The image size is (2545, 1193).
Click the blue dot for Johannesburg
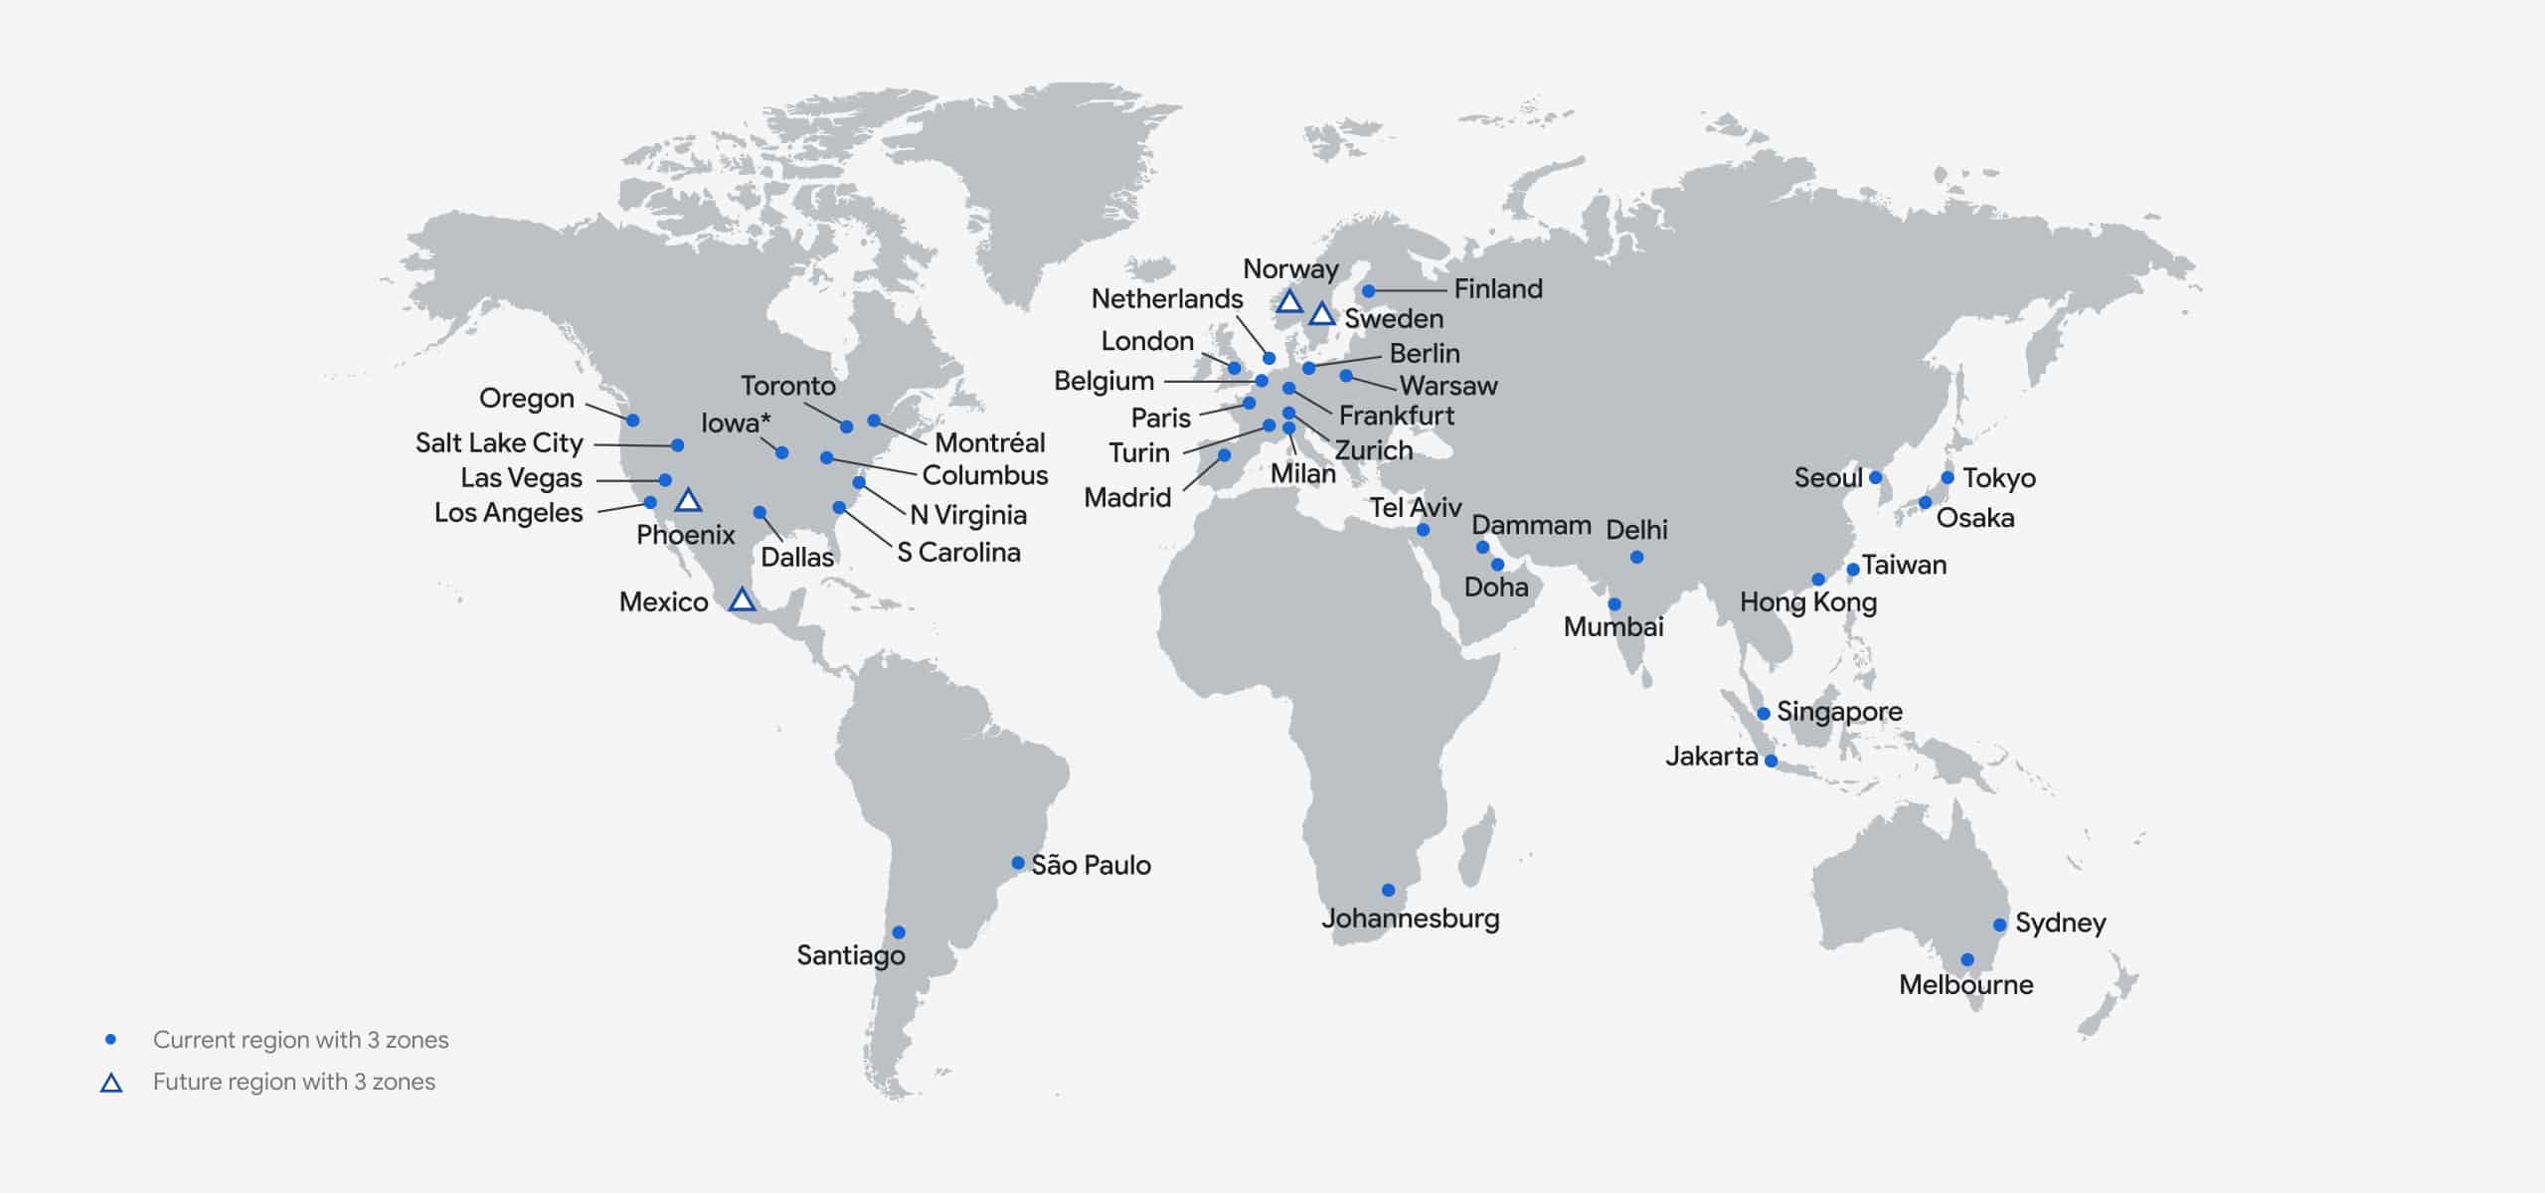click(x=1388, y=890)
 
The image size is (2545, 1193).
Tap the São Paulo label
click(x=1091, y=865)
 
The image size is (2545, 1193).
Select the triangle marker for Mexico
click(x=742, y=599)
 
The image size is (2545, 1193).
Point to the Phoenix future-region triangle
click(x=688, y=500)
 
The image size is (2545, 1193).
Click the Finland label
click(x=1498, y=289)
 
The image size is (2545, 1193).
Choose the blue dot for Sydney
click(x=1999, y=925)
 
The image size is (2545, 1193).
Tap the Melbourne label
click(x=1965, y=984)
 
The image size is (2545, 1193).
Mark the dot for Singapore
click(x=1763, y=713)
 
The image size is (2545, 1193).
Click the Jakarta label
click(x=1711, y=757)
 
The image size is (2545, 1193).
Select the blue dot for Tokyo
click(x=1947, y=478)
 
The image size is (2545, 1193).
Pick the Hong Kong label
click(x=1807, y=602)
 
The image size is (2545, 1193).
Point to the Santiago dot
click(x=899, y=933)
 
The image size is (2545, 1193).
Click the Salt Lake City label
click(x=499, y=442)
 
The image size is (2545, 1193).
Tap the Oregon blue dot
click(x=632, y=421)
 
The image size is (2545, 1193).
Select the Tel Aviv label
click(x=1415, y=508)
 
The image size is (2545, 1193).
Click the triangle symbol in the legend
click(x=111, y=1083)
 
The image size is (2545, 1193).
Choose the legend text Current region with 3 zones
click(x=300, y=1040)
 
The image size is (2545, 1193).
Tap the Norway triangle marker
click(x=1289, y=301)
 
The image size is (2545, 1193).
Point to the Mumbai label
click(x=1612, y=626)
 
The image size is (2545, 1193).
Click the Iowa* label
click(x=735, y=424)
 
